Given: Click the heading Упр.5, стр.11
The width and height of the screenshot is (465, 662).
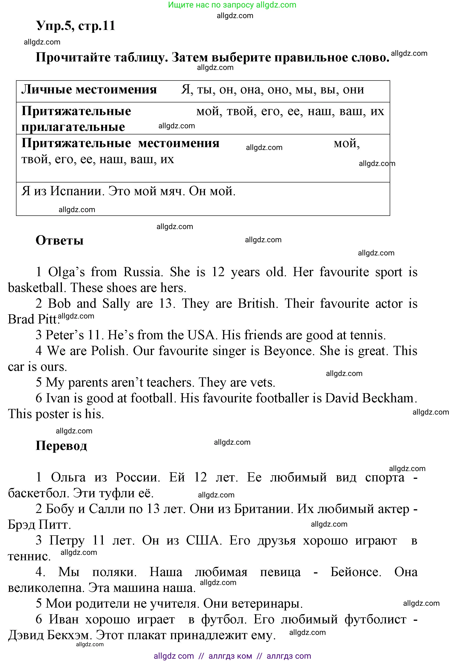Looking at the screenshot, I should point(76,26).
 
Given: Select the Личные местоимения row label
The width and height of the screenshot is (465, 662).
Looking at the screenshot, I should point(89,89).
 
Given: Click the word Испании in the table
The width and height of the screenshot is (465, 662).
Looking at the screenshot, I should point(77,191).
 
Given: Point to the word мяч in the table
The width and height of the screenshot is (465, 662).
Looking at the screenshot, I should point(172,191).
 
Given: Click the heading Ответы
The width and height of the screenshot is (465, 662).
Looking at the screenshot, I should point(60,240).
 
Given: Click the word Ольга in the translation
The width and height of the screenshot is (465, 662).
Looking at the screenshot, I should point(68,477).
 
